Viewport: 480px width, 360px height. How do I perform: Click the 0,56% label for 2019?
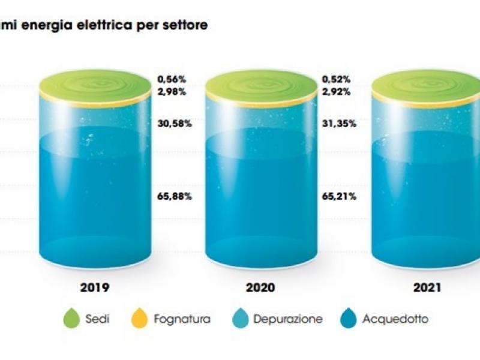(172, 80)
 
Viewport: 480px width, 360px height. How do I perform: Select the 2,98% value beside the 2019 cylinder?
(172, 92)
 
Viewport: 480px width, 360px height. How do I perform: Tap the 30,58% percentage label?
(175, 124)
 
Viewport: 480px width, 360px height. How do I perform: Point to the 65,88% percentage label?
(175, 196)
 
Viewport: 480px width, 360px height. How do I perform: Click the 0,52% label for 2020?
(336, 80)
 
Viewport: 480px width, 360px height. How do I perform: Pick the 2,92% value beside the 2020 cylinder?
(336, 92)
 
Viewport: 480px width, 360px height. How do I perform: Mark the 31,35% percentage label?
(339, 124)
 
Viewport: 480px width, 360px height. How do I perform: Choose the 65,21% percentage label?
(339, 196)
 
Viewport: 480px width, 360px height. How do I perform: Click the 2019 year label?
(95, 288)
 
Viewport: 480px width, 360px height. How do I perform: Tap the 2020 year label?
(260, 288)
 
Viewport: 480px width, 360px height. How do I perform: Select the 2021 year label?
(427, 288)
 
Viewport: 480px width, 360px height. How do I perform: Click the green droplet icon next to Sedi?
(71, 319)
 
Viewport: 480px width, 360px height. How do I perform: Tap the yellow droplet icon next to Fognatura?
(140, 319)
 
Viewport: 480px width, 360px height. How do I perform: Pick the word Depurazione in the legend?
(288, 319)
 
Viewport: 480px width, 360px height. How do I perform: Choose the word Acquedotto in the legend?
(395, 319)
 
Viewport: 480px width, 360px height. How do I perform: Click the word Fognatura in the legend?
(182, 319)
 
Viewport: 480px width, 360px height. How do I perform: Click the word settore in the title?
(185, 25)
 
